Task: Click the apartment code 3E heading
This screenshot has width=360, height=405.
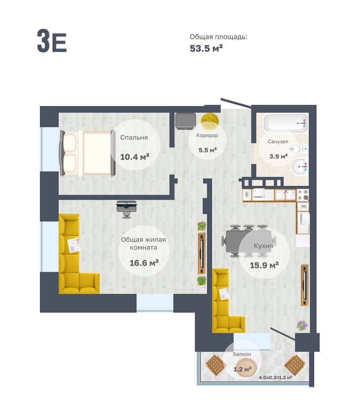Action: (x=52, y=41)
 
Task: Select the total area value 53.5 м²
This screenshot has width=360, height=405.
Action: (x=206, y=48)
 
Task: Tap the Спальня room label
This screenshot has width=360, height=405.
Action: (x=134, y=137)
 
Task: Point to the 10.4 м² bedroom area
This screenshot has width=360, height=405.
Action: (x=135, y=157)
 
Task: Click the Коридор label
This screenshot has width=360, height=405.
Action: (x=207, y=135)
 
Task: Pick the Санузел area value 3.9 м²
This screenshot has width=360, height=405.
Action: (x=278, y=156)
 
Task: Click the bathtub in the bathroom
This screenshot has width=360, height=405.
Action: (x=285, y=124)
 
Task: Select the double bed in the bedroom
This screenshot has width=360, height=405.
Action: (x=87, y=153)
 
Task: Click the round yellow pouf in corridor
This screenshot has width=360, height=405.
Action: (x=210, y=119)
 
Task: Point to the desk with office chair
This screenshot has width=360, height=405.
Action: (x=126, y=209)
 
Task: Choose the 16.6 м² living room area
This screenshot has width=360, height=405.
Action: (x=144, y=263)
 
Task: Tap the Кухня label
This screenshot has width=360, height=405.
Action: (x=263, y=246)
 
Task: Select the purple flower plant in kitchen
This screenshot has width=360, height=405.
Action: (x=302, y=325)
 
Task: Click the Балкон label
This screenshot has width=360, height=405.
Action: (x=242, y=354)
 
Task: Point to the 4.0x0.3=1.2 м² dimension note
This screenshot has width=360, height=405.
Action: (x=275, y=377)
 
